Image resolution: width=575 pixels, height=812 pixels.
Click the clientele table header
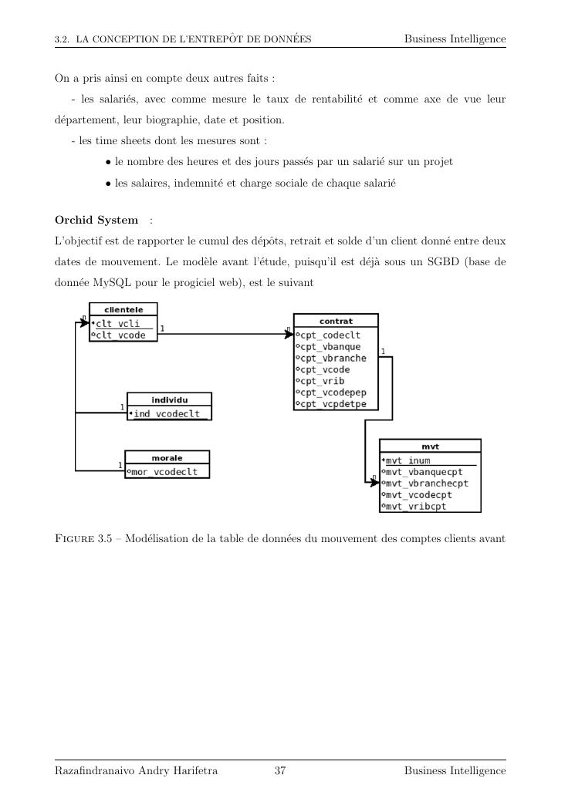point(123,309)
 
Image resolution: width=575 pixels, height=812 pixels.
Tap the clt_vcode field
point(120,335)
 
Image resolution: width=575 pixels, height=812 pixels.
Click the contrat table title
point(336,320)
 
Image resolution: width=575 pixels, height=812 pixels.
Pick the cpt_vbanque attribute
point(331,347)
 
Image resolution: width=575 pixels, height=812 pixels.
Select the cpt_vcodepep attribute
point(334,393)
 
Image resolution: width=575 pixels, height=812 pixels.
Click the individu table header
point(169,399)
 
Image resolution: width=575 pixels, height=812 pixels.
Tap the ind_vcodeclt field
point(170,414)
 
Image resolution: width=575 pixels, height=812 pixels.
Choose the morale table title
point(167,458)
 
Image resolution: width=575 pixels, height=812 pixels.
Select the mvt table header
point(430,446)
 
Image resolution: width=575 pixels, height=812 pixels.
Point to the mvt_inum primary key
point(408,461)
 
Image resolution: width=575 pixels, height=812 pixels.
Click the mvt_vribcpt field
point(416,506)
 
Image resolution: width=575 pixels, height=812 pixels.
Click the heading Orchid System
point(96,221)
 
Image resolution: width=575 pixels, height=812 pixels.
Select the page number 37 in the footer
point(280,771)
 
